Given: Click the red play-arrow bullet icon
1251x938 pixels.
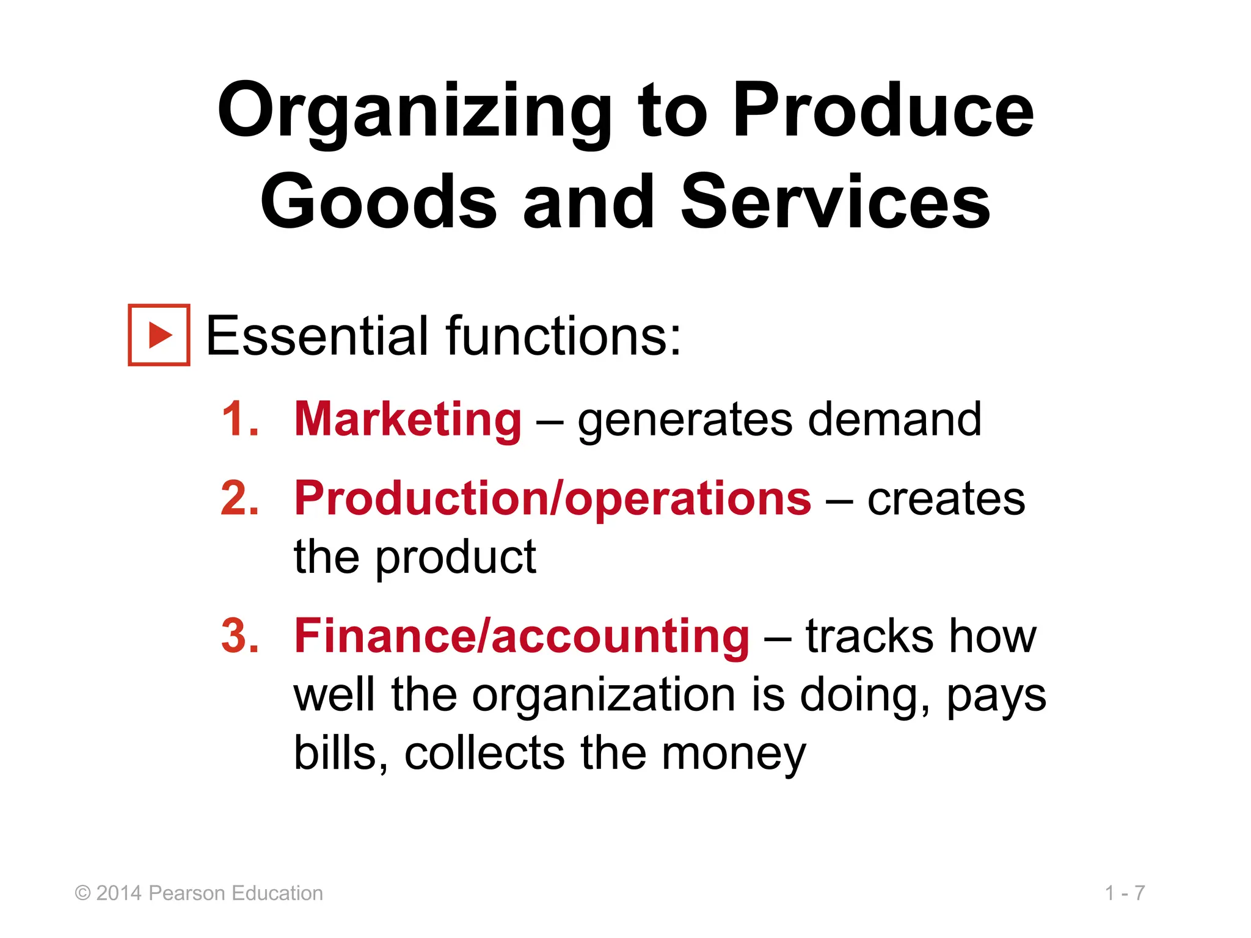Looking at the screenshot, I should click(159, 335).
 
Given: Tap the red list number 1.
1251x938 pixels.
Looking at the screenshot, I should click(239, 420).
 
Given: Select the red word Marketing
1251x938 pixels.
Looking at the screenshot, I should click(408, 420).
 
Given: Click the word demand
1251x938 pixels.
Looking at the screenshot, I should click(895, 420).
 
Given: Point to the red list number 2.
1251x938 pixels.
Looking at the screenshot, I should click(239, 499).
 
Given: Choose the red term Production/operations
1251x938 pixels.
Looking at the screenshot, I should click(553, 499).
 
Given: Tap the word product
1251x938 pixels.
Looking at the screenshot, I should click(456, 558).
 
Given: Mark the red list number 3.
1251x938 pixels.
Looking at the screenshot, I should click(239, 636).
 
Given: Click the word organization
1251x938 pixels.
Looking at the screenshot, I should click(604, 696).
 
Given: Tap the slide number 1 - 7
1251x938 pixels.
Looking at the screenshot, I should click(1125, 893).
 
